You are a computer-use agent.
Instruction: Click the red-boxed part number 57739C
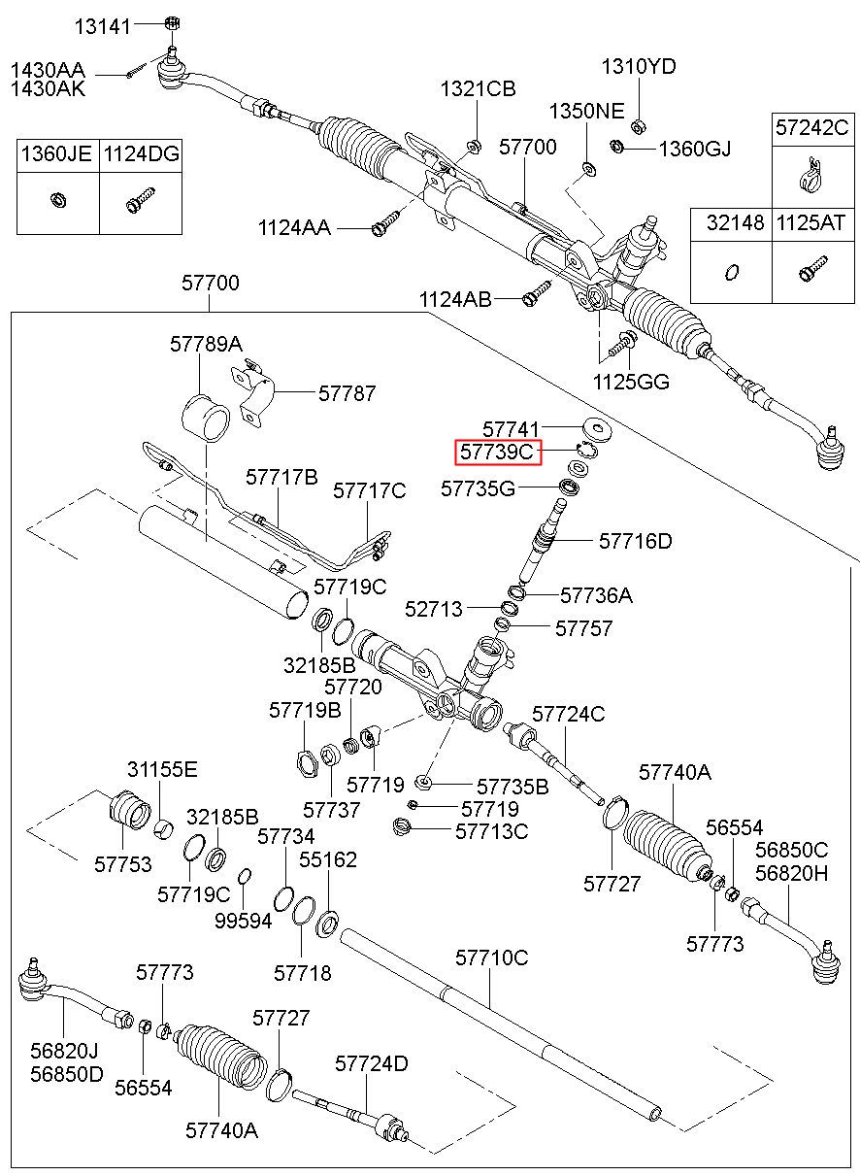click(496, 452)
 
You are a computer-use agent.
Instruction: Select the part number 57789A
click(206, 345)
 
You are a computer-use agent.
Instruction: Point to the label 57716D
click(636, 541)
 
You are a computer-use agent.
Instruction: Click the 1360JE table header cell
click(57, 154)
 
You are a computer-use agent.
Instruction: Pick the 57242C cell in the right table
click(812, 127)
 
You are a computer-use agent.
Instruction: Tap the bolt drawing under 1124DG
click(141, 199)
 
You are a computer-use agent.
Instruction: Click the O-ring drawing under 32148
click(732, 272)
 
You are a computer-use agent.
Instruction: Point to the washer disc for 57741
click(598, 428)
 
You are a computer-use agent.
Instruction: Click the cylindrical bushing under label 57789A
click(206, 419)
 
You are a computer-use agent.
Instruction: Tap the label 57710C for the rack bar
click(492, 958)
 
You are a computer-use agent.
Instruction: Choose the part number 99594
click(244, 921)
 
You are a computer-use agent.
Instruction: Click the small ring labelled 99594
click(245, 876)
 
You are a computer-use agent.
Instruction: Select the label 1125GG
click(631, 382)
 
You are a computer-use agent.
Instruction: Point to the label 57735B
click(513, 787)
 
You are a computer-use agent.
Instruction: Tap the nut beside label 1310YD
click(639, 126)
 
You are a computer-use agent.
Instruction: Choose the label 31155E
click(162, 770)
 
